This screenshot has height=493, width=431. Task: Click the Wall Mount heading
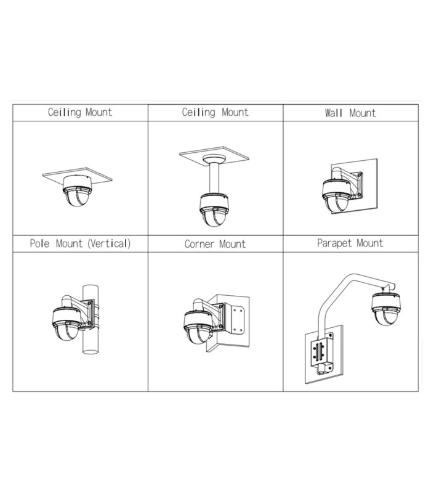(x=350, y=113)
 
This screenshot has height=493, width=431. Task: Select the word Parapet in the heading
(x=334, y=243)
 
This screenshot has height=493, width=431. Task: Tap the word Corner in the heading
(x=199, y=244)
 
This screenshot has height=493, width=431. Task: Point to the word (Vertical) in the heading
(x=109, y=243)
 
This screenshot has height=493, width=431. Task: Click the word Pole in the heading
(x=39, y=243)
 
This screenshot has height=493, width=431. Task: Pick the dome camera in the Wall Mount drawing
(x=337, y=195)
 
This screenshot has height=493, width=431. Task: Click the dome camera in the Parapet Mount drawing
(x=386, y=309)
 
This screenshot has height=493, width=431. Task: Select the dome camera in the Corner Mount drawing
(x=198, y=327)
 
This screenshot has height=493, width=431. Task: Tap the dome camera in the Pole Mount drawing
(x=67, y=324)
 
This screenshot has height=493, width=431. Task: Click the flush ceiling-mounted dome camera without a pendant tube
(x=78, y=190)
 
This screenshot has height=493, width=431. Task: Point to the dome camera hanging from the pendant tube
(x=214, y=210)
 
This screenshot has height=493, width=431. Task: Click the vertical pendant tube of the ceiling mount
(x=214, y=178)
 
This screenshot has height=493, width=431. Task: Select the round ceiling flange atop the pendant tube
(x=214, y=159)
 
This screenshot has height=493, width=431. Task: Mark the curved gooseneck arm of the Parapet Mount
(x=352, y=302)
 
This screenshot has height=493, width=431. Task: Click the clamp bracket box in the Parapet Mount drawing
(x=321, y=352)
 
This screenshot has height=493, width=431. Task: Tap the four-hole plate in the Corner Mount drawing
(x=238, y=320)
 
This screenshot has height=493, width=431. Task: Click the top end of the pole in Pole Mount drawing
(x=91, y=287)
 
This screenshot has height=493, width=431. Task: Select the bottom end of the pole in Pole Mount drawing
(x=91, y=351)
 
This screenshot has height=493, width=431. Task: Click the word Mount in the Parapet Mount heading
(x=370, y=243)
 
